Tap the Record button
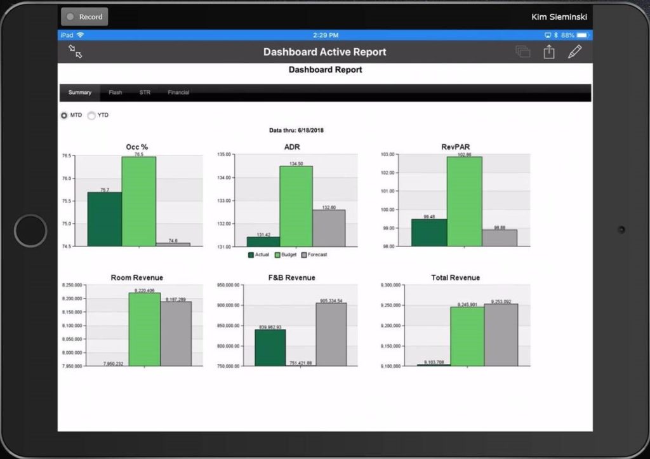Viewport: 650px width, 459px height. point(84,17)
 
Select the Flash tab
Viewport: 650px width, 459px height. point(115,93)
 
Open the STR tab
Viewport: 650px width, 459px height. point(145,93)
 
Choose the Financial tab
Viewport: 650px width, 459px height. point(178,93)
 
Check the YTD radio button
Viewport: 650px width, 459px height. point(91,116)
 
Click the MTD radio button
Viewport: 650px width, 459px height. point(64,116)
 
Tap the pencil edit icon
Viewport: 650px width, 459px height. point(574,52)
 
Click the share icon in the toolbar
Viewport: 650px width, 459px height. point(549,52)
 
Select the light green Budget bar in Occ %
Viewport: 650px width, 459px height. point(139,201)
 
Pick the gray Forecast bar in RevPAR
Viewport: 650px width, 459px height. point(500,238)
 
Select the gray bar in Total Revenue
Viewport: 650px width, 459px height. point(501,335)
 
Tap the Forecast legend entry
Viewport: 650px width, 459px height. point(314,255)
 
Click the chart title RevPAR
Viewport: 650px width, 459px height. point(455,147)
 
